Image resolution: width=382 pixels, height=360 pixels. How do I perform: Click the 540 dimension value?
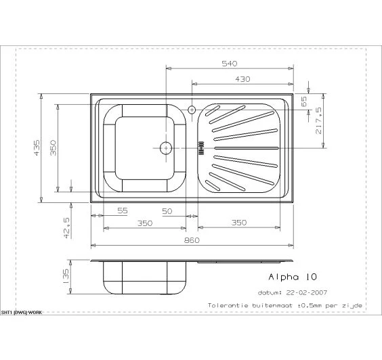[x=229, y=64]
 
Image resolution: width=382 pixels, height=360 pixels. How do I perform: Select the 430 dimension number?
[x=242, y=79]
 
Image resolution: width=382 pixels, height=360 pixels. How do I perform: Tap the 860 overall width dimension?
[x=192, y=240]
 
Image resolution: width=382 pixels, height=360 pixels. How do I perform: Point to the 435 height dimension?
[x=37, y=148]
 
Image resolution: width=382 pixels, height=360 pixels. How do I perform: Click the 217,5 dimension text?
[x=318, y=120]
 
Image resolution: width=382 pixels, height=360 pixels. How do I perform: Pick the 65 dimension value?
[x=304, y=102]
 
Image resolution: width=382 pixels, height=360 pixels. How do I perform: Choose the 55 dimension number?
[x=123, y=210]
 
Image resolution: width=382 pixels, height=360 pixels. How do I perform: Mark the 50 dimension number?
[x=167, y=211]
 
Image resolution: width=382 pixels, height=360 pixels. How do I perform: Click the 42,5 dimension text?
[x=66, y=228]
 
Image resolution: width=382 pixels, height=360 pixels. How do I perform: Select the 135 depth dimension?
[x=66, y=276]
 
